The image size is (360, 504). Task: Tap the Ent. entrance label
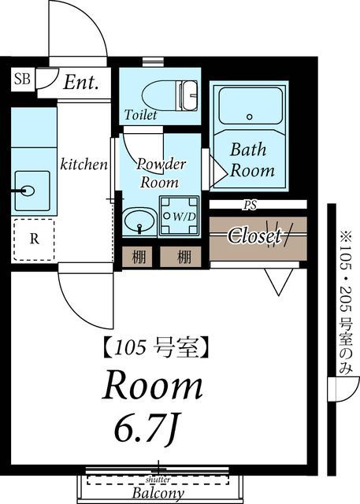(81, 83)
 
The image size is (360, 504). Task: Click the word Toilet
(141, 115)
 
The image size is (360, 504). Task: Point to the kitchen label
(84, 165)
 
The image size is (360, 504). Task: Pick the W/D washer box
(182, 215)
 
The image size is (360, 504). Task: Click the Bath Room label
(252, 159)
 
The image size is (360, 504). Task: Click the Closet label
(254, 235)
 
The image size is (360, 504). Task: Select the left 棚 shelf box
(139, 256)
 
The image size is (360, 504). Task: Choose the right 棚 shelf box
(184, 256)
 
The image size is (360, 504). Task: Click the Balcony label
(158, 494)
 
